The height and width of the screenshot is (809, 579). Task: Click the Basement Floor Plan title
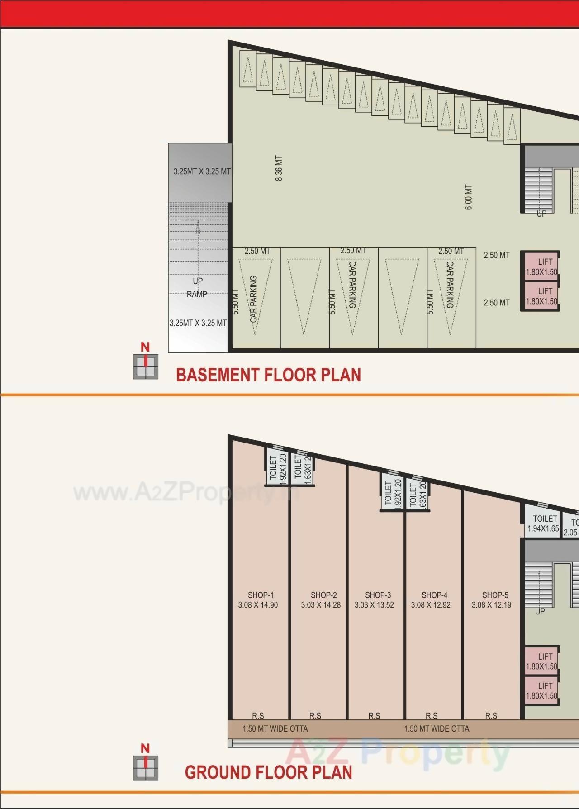[268, 375]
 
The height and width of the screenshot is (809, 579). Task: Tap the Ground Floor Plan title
[268, 772]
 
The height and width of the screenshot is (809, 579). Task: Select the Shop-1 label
[261, 595]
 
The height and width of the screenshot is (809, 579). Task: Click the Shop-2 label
[323, 595]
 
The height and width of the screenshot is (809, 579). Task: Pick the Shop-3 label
[378, 595]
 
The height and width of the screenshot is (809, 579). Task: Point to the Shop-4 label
[434, 595]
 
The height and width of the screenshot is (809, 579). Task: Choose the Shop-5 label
[495, 595]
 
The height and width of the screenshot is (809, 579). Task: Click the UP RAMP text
[197, 287]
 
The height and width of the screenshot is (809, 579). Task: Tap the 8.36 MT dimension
[279, 168]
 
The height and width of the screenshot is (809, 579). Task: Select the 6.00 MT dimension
[469, 197]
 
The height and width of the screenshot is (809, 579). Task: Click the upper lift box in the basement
[541, 266]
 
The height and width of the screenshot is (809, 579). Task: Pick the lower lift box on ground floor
[541, 690]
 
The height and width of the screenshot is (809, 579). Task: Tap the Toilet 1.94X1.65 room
[543, 523]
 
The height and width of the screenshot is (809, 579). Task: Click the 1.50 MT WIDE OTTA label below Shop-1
[275, 729]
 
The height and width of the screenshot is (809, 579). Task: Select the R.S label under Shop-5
[491, 716]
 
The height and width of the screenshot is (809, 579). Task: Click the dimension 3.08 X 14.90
[258, 605]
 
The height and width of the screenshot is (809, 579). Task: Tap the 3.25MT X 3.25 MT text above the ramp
[202, 171]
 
